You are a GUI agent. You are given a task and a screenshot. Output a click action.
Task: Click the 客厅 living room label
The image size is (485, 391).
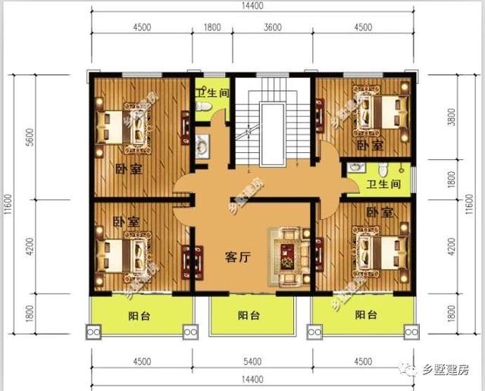click(x=238, y=257)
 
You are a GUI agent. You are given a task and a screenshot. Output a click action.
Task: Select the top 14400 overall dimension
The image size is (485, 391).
click(x=252, y=6)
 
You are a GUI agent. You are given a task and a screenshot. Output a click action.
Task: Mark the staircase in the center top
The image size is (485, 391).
click(x=269, y=125)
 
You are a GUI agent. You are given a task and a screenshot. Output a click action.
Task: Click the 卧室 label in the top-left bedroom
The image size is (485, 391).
click(x=129, y=169)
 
